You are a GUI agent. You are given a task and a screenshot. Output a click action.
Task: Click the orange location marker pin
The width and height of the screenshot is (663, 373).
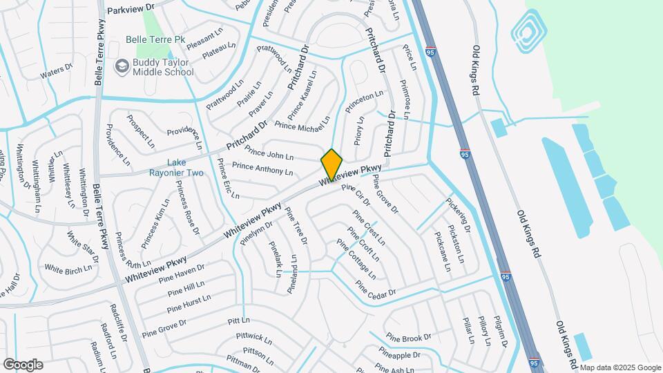(x=332, y=165)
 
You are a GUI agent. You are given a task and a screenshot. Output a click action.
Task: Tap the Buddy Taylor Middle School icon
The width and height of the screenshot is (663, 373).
(x=122, y=66)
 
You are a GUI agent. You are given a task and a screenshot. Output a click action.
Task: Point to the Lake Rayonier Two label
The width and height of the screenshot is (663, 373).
(x=177, y=167)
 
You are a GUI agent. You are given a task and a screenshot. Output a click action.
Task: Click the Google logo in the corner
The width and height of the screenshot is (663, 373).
(x=23, y=364)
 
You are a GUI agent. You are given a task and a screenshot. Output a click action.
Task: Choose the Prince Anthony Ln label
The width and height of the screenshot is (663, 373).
(x=262, y=168)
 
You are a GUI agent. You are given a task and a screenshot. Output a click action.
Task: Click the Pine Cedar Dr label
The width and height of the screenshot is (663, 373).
(x=376, y=288)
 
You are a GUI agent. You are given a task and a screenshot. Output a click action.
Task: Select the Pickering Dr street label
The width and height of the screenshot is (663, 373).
(x=458, y=215)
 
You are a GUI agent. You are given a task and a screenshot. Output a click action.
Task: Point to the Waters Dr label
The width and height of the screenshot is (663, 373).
(x=56, y=72)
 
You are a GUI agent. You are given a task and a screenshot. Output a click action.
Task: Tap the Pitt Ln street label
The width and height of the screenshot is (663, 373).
(x=238, y=321)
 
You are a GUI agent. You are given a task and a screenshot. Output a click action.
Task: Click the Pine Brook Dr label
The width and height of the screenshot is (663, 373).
(x=409, y=337)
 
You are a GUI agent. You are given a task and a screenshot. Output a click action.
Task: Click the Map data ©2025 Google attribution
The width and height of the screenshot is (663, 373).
(x=619, y=367)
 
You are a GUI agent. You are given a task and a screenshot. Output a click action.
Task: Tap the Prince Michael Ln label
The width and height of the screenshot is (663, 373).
(x=302, y=126)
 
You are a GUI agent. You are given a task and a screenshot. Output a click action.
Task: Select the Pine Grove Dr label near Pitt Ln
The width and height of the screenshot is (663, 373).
(x=164, y=327)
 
